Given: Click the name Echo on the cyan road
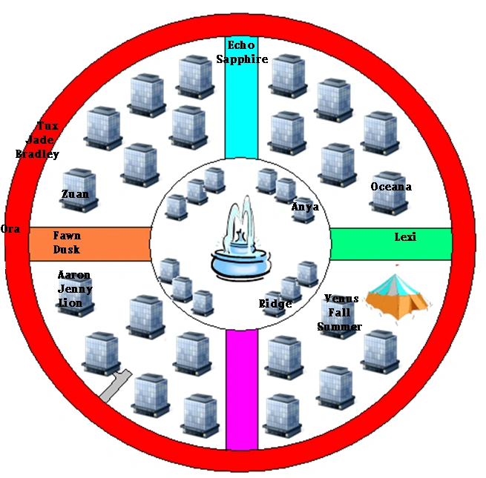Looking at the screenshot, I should [241, 46].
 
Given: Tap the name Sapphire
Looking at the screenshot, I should [242, 59].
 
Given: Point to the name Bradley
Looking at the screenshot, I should [37, 154].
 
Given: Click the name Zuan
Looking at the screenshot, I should [75, 194].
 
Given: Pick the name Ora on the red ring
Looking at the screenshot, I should [10, 229].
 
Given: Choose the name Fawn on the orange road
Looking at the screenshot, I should [67, 236].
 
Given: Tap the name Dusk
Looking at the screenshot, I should [66, 250].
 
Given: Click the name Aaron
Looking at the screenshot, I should [74, 276].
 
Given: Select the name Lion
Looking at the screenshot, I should [71, 303].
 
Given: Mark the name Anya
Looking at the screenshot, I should [304, 208].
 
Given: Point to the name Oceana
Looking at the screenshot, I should [391, 187].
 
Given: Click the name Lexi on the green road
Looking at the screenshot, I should [405, 237].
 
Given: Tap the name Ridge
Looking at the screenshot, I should [275, 304].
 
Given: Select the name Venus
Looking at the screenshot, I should [341, 299].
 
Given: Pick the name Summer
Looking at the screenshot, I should [339, 327].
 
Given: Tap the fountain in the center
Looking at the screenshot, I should [240, 245].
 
